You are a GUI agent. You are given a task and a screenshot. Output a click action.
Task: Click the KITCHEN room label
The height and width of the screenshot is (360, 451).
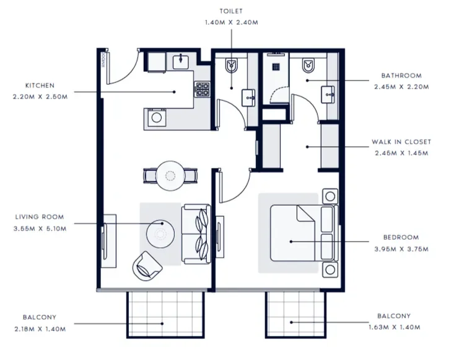(x=40, y=86)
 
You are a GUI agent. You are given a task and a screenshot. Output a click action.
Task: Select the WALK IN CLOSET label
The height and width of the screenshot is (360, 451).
(x=401, y=142)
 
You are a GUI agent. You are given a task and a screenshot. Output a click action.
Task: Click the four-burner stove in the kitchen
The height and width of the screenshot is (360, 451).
(x=203, y=90)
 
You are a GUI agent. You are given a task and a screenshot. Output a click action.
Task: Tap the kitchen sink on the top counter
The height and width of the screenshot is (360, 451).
(x=180, y=61)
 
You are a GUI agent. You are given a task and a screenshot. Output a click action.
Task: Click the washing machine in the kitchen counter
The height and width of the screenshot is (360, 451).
(x=157, y=116)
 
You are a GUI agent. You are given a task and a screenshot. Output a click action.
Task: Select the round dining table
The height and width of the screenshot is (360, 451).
(x=169, y=175)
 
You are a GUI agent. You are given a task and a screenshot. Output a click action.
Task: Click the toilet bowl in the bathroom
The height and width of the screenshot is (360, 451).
(x=307, y=66)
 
